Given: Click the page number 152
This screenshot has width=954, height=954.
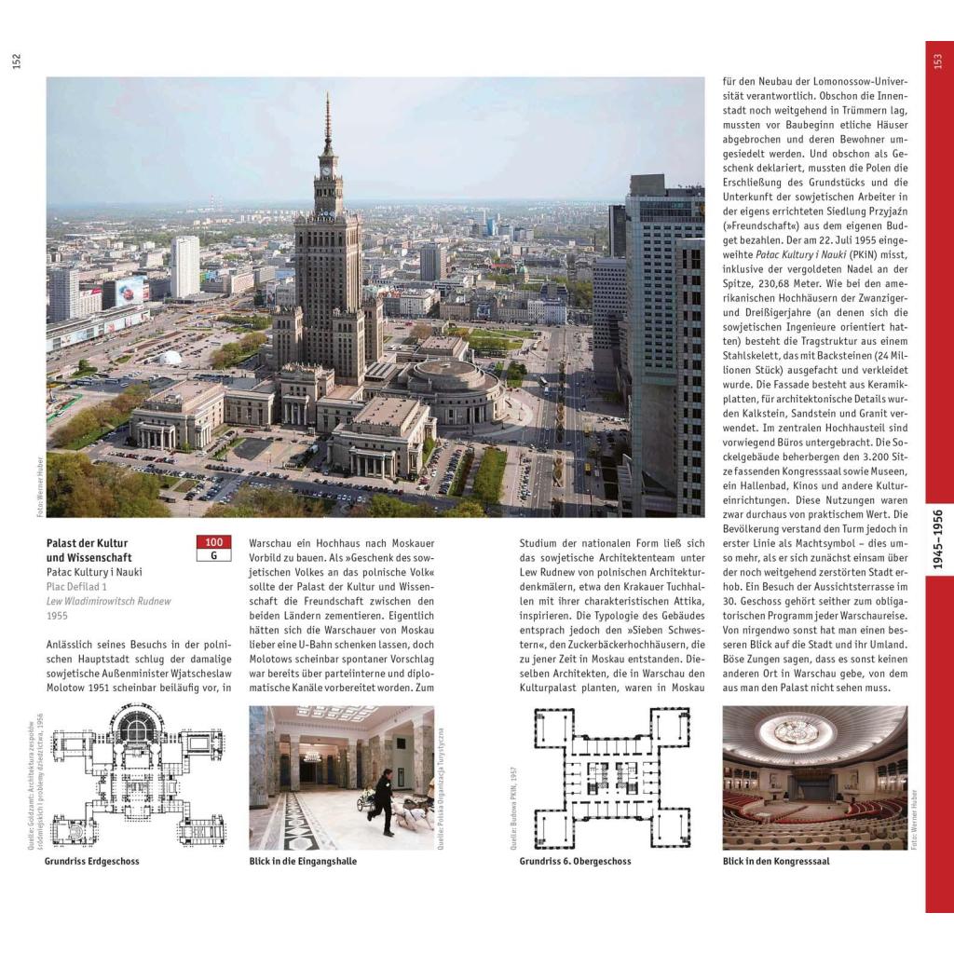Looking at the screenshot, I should tap(16, 61).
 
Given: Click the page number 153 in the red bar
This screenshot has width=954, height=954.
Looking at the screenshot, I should tap(938, 61).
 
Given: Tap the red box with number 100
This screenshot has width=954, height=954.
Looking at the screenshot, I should tap(214, 542).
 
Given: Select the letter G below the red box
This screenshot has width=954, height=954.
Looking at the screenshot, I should tap(214, 556).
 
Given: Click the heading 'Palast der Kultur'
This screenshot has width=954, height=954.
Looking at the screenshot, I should tap(88, 543).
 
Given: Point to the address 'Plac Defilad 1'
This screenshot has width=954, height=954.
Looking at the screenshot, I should tap(77, 586).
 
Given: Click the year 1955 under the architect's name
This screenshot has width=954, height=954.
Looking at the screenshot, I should tap(58, 616).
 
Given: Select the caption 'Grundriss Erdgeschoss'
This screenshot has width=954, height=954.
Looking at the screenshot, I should tap(92, 862).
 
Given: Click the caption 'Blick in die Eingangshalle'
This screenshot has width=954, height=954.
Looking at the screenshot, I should tap(303, 862).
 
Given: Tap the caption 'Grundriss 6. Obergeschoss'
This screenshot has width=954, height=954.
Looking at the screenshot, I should tap(575, 862).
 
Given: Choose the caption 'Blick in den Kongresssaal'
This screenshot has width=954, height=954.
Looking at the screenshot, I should tap(776, 862).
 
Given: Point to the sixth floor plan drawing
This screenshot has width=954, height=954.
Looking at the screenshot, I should tap(611, 776).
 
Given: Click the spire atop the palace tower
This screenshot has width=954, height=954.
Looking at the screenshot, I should tap(327, 121).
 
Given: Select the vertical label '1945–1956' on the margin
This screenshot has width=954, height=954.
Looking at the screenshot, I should tap(937, 539).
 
